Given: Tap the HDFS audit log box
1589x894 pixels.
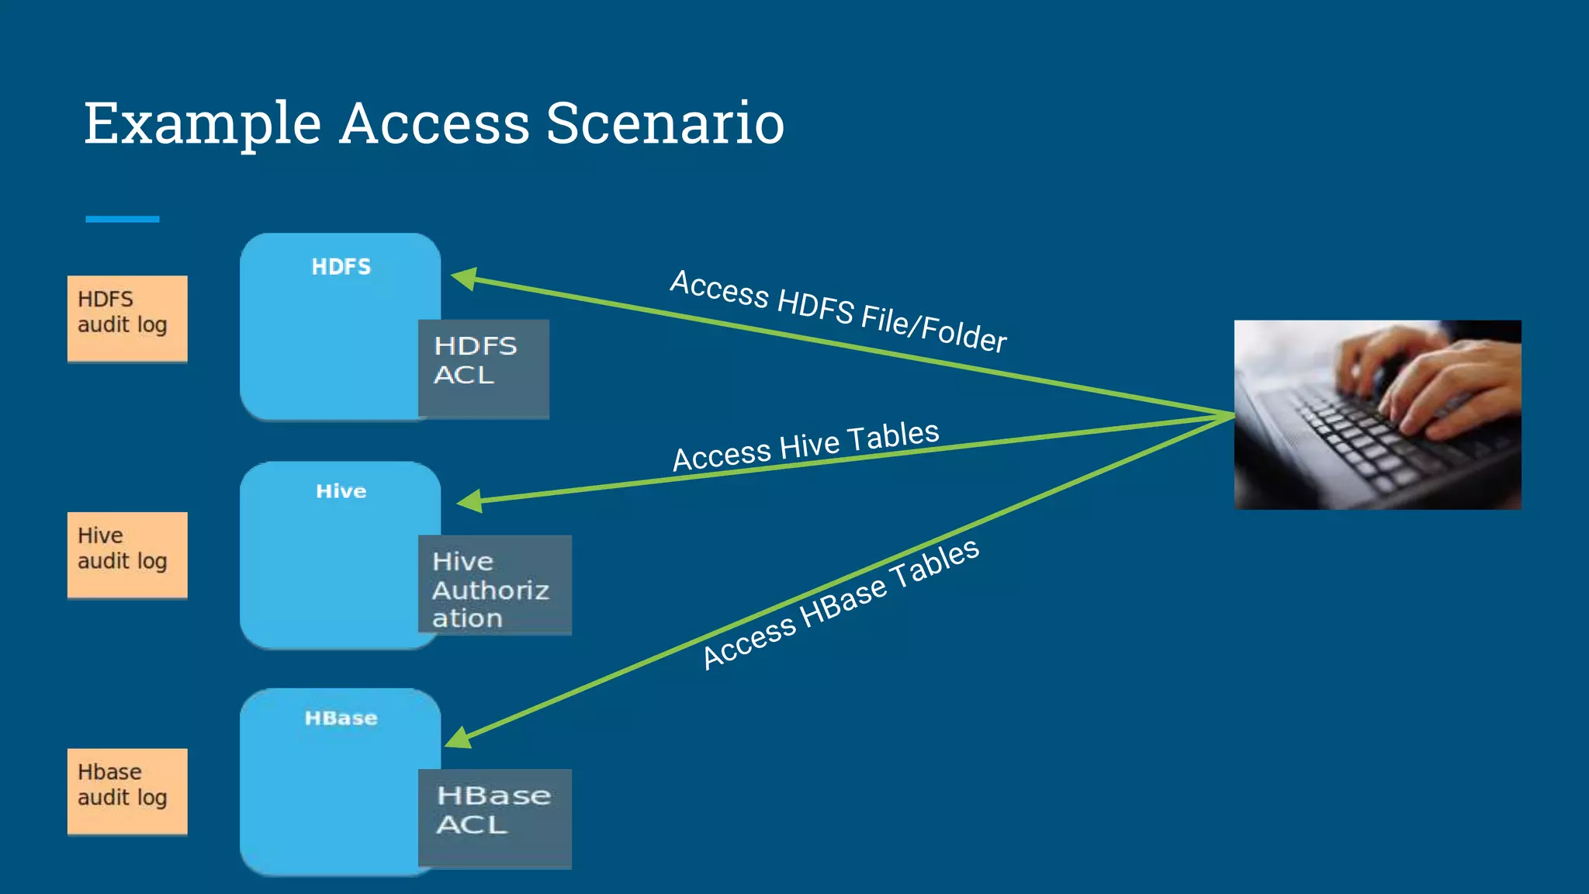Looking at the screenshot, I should pyautogui.click(x=127, y=318).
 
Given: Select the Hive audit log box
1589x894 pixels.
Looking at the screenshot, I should pyautogui.click(x=127, y=554).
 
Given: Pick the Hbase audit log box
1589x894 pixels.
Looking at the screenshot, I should pyautogui.click(x=127, y=791).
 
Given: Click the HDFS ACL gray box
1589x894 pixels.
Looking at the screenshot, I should pyautogui.click(x=483, y=369).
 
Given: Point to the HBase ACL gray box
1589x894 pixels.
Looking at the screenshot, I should pyautogui.click(x=494, y=818).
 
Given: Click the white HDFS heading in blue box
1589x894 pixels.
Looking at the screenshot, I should pyautogui.click(x=341, y=267).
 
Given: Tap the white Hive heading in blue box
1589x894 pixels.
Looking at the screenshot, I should pyautogui.click(x=341, y=491).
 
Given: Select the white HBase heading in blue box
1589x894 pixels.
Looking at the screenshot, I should pyautogui.click(x=341, y=718).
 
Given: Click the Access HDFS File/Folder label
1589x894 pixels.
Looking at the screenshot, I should pyautogui.click(x=838, y=310).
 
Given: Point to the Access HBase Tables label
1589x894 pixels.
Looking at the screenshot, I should pyautogui.click(x=840, y=603).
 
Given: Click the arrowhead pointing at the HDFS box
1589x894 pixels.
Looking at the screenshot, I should pyautogui.click(x=464, y=278).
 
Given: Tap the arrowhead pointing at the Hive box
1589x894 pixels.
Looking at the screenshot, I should pyautogui.click(x=469, y=501).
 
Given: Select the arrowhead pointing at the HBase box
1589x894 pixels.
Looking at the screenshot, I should pyautogui.click(x=459, y=737).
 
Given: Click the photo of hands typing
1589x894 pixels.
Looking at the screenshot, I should pyautogui.click(x=1377, y=414).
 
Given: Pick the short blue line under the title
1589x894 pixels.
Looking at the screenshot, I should pyautogui.click(x=122, y=220).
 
